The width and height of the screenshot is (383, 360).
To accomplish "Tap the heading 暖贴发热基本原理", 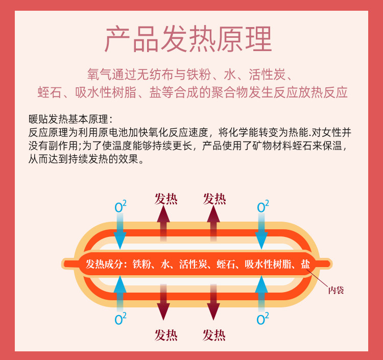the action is (x=69, y=119).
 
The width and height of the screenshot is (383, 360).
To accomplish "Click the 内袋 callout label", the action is (x=336, y=291).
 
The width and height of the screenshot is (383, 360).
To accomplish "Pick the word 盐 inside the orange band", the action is (x=305, y=264).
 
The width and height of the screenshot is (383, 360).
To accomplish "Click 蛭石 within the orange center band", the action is (x=225, y=264).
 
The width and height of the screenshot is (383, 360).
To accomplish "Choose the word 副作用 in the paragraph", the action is (x=63, y=146).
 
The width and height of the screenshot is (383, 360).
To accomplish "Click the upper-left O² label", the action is (x=121, y=206).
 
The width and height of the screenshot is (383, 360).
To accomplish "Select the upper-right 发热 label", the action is (x=214, y=199).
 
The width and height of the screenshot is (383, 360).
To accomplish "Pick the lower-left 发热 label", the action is (x=166, y=334).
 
